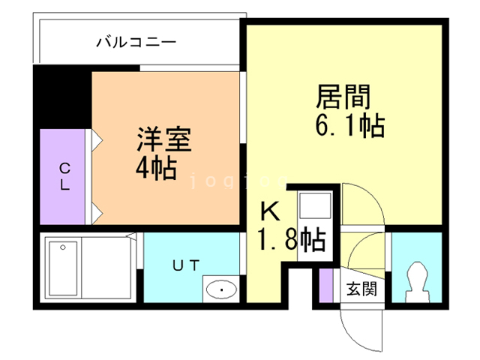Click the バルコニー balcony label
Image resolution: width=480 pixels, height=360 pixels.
pyautogui.click(x=136, y=42)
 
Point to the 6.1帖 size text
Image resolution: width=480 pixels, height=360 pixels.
pyautogui.click(x=349, y=124)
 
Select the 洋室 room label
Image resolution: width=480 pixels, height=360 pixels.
pyautogui.click(x=163, y=139)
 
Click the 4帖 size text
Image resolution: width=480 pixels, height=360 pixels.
pyautogui.click(x=155, y=169)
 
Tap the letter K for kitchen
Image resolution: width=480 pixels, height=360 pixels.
pyautogui.click(x=270, y=212)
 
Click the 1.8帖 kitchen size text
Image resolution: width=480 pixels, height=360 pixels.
pyautogui.click(x=291, y=240)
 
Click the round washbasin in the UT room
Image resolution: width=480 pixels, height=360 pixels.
pyautogui.click(x=221, y=289)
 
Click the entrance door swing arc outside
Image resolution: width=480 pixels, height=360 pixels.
pyautogui.click(x=358, y=324)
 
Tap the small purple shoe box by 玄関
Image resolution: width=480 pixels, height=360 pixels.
pyautogui.click(x=325, y=286)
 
